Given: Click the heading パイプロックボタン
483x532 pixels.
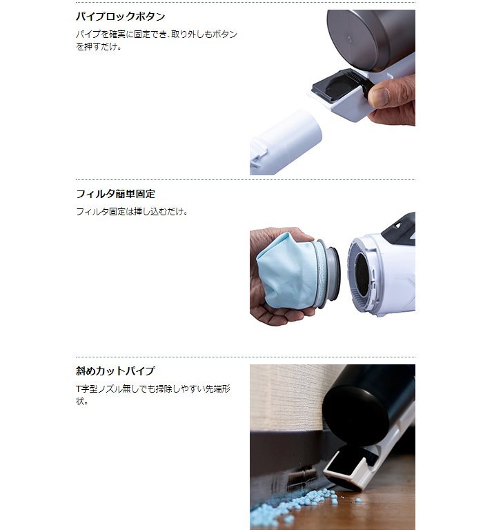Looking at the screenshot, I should coord(121,17).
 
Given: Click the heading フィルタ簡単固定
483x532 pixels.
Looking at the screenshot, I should coord(115,194).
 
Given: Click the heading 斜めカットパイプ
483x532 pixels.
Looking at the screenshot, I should coord(115,370).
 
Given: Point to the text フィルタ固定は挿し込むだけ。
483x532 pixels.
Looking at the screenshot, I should coord(132,212).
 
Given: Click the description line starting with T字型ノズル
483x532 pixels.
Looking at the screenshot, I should coord(152,388).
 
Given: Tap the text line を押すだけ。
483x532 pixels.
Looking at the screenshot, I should coord(99,48).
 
